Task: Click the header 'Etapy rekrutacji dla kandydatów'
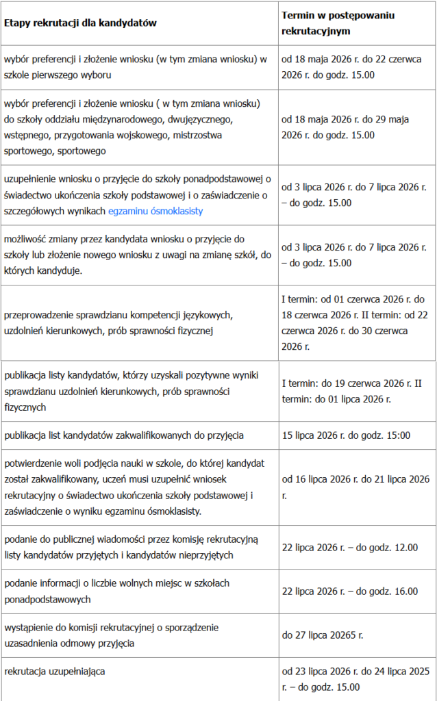pyautogui.click(x=81, y=23)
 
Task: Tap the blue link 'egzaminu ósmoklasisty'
pyautogui.click(x=155, y=212)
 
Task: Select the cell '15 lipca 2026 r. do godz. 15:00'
pyautogui.click(x=346, y=435)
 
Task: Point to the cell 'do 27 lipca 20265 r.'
pyautogui.click(x=323, y=635)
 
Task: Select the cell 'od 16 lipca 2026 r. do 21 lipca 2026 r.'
pyautogui.click(x=355, y=485)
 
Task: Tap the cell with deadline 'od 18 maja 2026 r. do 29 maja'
pyautogui.click(x=346, y=127)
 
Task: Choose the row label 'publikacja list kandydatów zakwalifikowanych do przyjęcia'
pyautogui.click(x=124, y=435)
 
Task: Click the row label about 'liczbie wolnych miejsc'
pyautogui.click(x=116, y=591)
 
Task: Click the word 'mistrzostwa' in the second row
pyautogui.click(x=195, y=135)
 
